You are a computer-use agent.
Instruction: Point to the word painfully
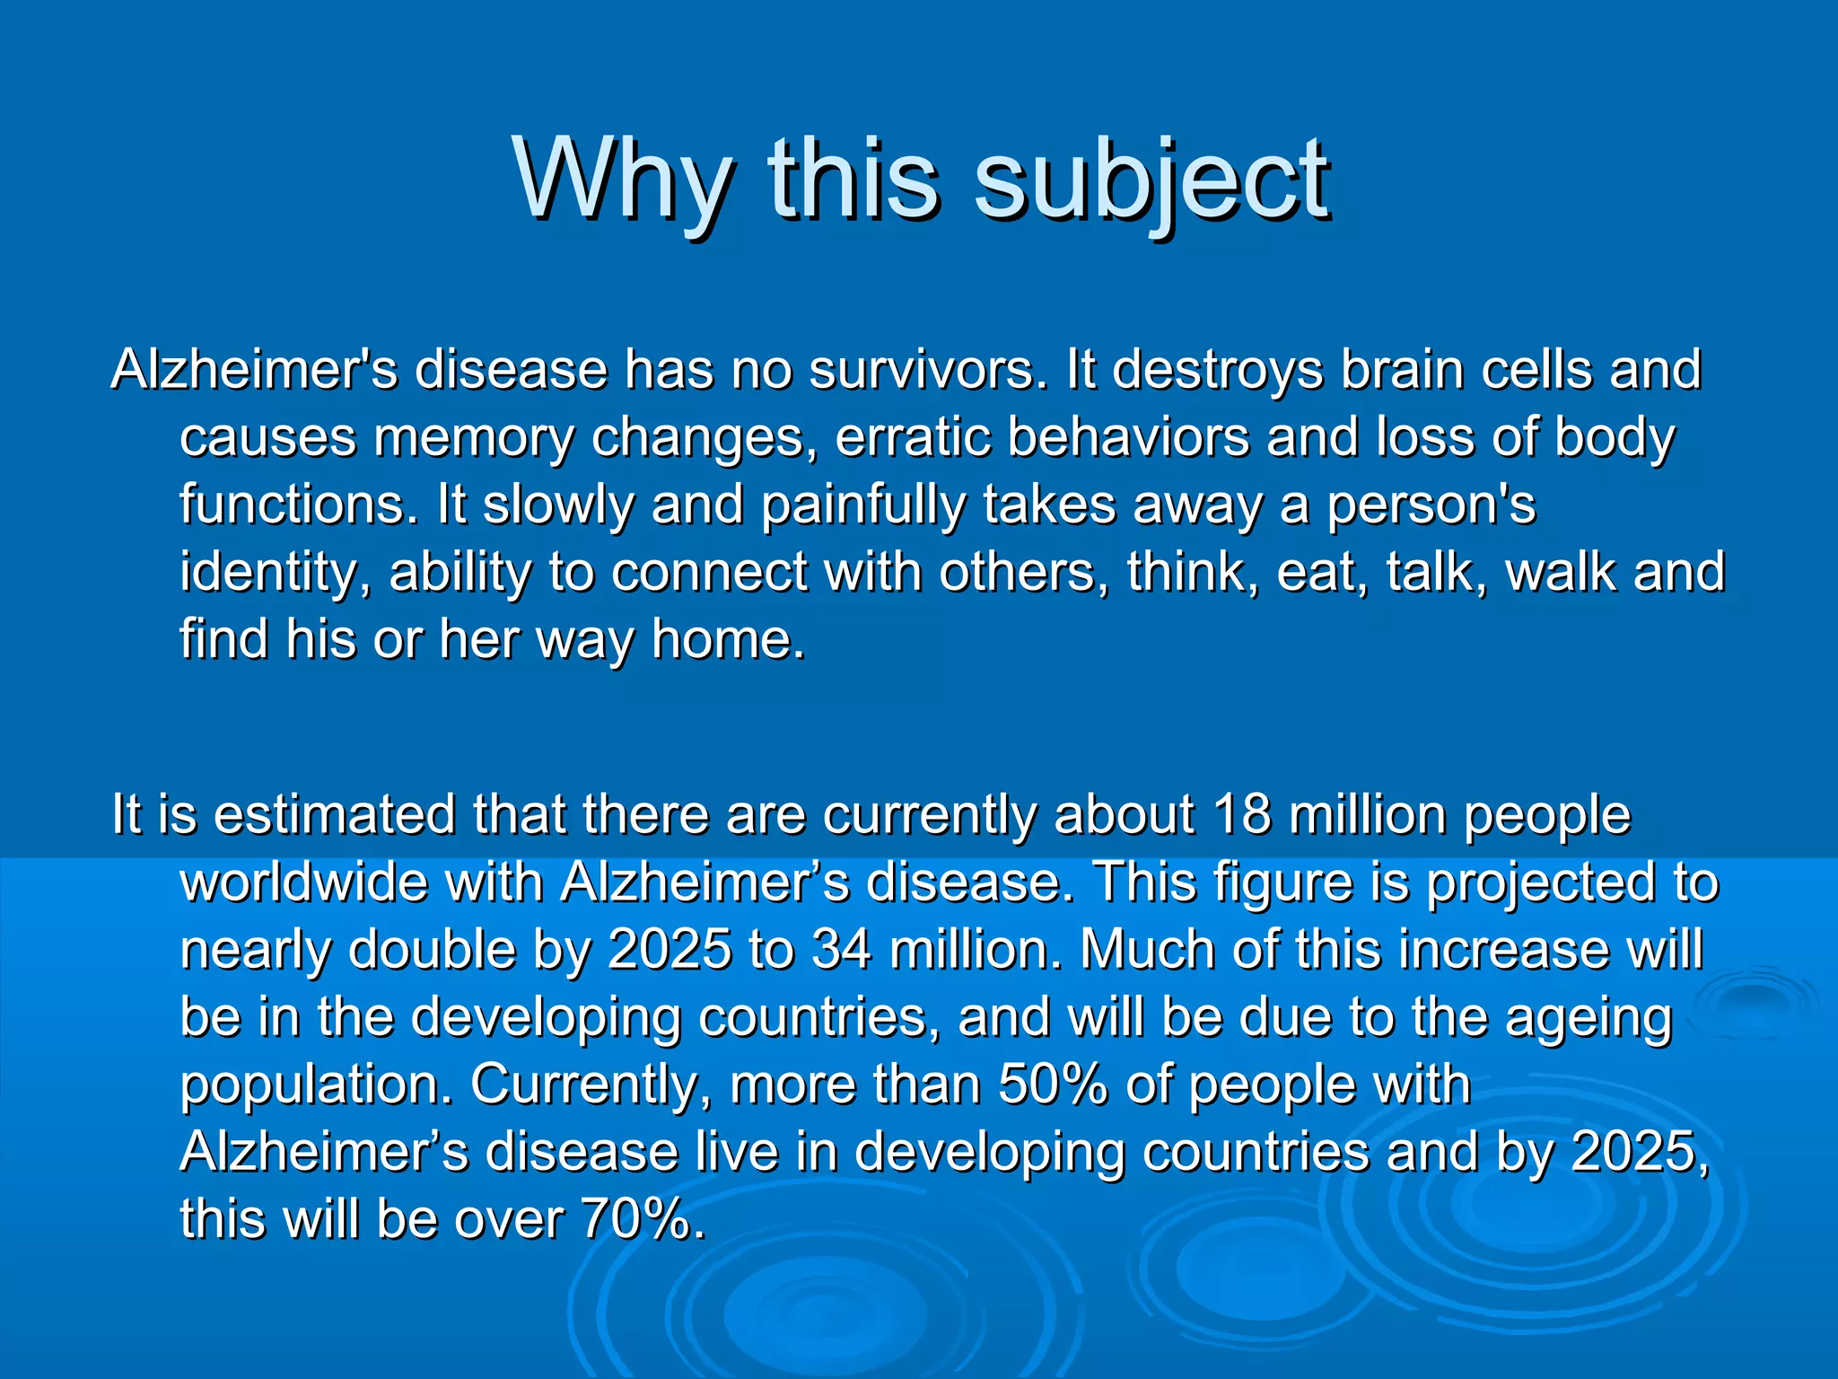point(862,505)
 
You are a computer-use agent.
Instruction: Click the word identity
point(275,572)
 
